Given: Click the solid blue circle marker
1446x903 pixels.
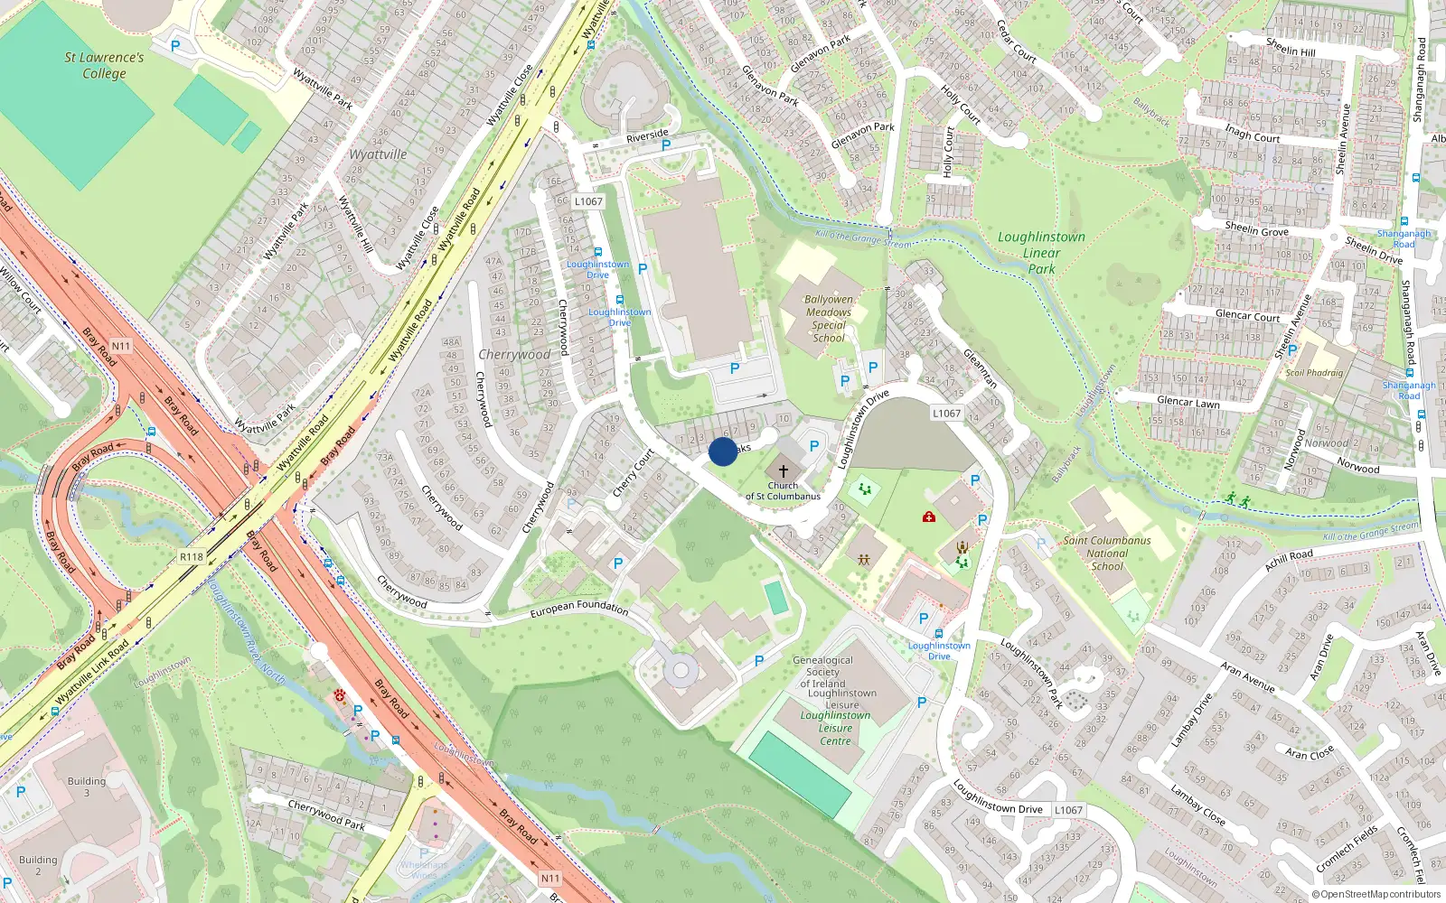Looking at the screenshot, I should tap(723, 451).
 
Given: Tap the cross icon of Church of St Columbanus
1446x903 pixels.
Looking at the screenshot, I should tap(784, 471).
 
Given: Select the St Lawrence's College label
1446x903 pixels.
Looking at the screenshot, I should tap(104, 65).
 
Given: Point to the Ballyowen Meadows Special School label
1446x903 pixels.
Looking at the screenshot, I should tap(829, 319).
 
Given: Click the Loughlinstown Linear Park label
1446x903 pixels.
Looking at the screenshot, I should tap(1041, 253).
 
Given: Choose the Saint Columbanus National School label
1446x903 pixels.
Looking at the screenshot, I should tap(1107, 554).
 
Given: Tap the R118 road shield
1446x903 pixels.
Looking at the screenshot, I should tap(192, 557).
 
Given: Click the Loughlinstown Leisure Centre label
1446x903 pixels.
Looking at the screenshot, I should tap(835, 728).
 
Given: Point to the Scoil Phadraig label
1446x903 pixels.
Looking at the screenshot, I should tap(1314, 373).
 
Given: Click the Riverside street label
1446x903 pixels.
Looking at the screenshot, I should tap(647, 136).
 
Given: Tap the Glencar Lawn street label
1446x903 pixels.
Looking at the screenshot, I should tap(1188, 402).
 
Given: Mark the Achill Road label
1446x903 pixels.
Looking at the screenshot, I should tap(1290, 560).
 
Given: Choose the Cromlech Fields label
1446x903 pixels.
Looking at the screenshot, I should tap(1347, 849).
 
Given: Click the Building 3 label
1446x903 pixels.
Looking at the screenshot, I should tap(87, 787).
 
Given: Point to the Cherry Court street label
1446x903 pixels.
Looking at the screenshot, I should tap(633, 473).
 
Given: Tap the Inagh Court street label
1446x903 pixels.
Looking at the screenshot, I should tap(1253, 134).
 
